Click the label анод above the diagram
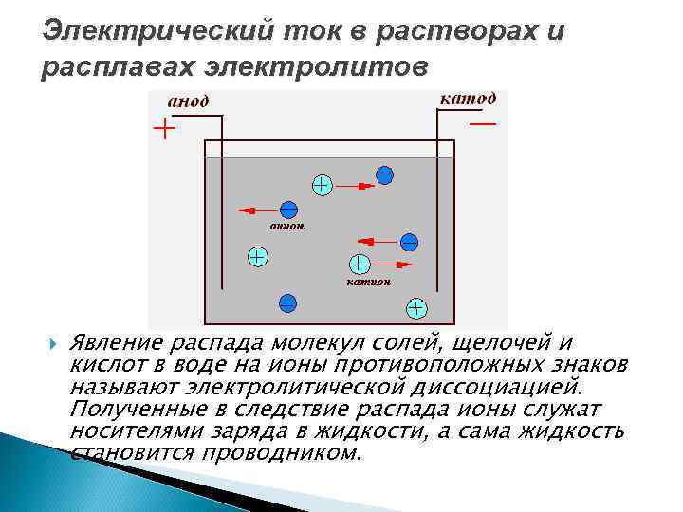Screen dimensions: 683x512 tap(189, 102)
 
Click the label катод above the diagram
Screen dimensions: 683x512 tap(466, 100)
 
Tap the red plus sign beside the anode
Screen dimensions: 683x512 tap(165, 128)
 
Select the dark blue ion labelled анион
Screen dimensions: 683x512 tap(288, 210)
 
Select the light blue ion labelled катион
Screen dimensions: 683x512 tap(360, 265)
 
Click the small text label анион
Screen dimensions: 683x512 tap(286, 227)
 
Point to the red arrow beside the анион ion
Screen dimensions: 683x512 tap(255, 210)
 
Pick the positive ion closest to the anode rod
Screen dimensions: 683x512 tap(256, 256)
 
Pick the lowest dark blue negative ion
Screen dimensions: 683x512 tap(287, 303)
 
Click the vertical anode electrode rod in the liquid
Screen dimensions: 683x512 tap(223, 218)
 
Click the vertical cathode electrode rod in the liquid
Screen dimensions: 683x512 tap(436, 218)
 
